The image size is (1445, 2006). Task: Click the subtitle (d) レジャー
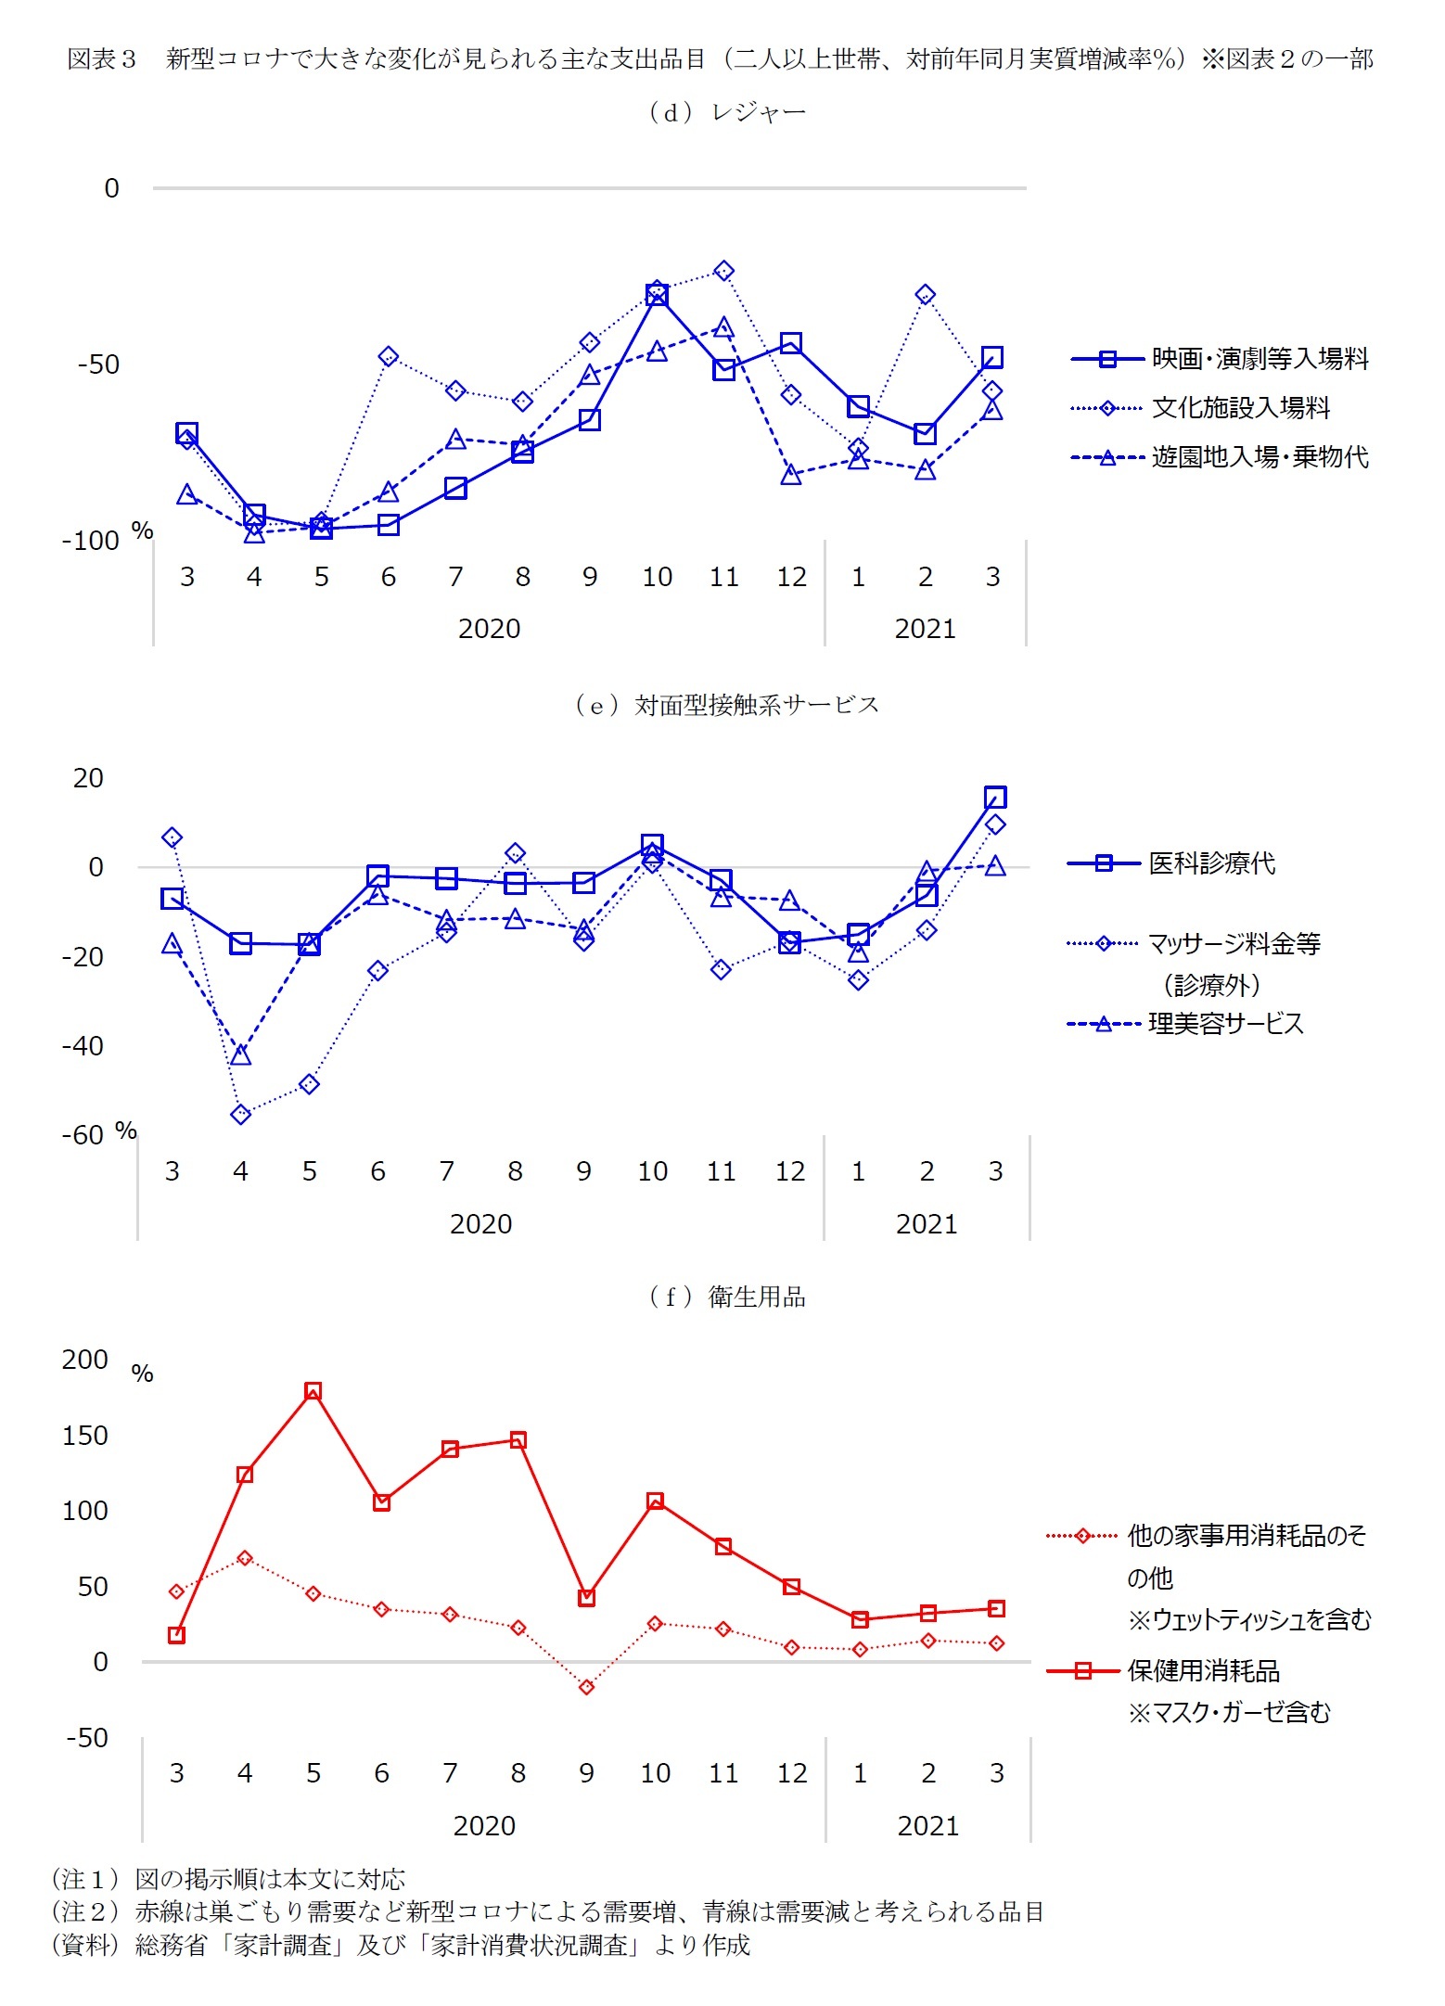pyautogui.click(x=727, y=113)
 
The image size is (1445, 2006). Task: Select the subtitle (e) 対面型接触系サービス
pyautogui.click(x=726, y=706)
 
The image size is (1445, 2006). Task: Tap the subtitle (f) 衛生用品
pyautogui.click(x=727, y=1297)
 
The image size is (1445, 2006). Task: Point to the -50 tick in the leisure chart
pyautogui.click(x=98, y=364)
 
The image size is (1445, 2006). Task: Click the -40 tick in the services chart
pyautogui.click(x=83, y=1046)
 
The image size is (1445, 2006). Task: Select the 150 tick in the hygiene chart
pyautogui.click(x=85, y=1436)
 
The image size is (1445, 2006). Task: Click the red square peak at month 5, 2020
pyautogui.click(x=313, y=1391)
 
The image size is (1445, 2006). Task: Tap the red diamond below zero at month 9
pyautogui.click(x=586, y=1687)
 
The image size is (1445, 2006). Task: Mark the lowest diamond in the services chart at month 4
pyautogui.click(x=241, y=1114)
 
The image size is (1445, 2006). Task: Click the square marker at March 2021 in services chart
pyautogui.click(x=995, y=798)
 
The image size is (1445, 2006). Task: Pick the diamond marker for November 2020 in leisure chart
pyautogui.click(x=724, y=271)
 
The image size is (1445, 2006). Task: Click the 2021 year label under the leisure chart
pyautogui.click(x=925, y=629)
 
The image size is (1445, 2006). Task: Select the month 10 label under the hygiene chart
pyautogui.click(x=655, y=1773)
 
